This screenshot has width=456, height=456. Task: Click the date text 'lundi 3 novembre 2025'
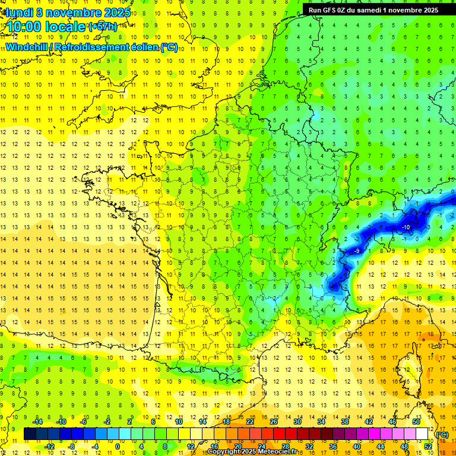point(68,12)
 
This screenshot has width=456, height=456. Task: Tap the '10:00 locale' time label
point(45,27)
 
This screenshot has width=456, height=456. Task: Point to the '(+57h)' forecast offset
point(103,27)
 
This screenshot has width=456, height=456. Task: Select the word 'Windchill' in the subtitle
point(27,47)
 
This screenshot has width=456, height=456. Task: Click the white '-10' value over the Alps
point(406,227)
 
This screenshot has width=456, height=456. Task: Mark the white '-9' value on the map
point(357,251)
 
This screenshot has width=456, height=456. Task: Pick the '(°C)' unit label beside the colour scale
point(441,435)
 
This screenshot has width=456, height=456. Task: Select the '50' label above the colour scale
point(416,421)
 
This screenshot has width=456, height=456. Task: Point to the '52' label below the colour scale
point(427,446)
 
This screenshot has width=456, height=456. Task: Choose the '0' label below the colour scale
point(118,446)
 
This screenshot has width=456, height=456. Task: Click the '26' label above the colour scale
point(274,421)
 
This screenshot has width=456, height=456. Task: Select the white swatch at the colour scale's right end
point(422,434)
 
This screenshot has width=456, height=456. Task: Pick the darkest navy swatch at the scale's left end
point(30,434)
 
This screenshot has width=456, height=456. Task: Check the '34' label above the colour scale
point(321,421)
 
